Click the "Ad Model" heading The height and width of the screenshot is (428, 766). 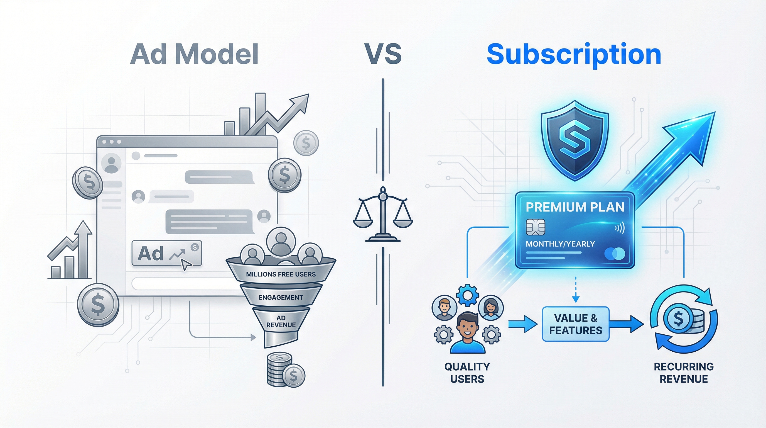[x=194, y=54]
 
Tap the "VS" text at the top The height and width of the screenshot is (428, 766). [x=383, y=54]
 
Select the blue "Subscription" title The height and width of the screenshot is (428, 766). [x=574, y=54]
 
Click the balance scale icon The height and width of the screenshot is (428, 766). [x=383, y=214]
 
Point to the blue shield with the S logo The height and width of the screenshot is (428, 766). [x=575, y=140]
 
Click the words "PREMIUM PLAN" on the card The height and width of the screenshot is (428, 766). [x=575, y=207]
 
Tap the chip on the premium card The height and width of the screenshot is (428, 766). [x=535, y=227]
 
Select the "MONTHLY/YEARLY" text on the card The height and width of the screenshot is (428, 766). [x=560, y=244]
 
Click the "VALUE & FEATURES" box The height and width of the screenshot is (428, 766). [x=576, y=324]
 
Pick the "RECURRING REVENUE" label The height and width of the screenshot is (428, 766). [x=684, y=373]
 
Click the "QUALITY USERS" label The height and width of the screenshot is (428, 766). [x=467, y=373]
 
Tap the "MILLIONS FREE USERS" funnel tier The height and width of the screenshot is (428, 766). [x=281, y=274]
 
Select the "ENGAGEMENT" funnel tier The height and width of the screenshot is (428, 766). [x=281, y=297]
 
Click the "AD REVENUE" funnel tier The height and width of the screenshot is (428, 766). [x=281, y=322]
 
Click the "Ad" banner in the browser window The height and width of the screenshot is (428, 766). [x=166, y=253]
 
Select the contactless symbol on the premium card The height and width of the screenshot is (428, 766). [x=620, y=228]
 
